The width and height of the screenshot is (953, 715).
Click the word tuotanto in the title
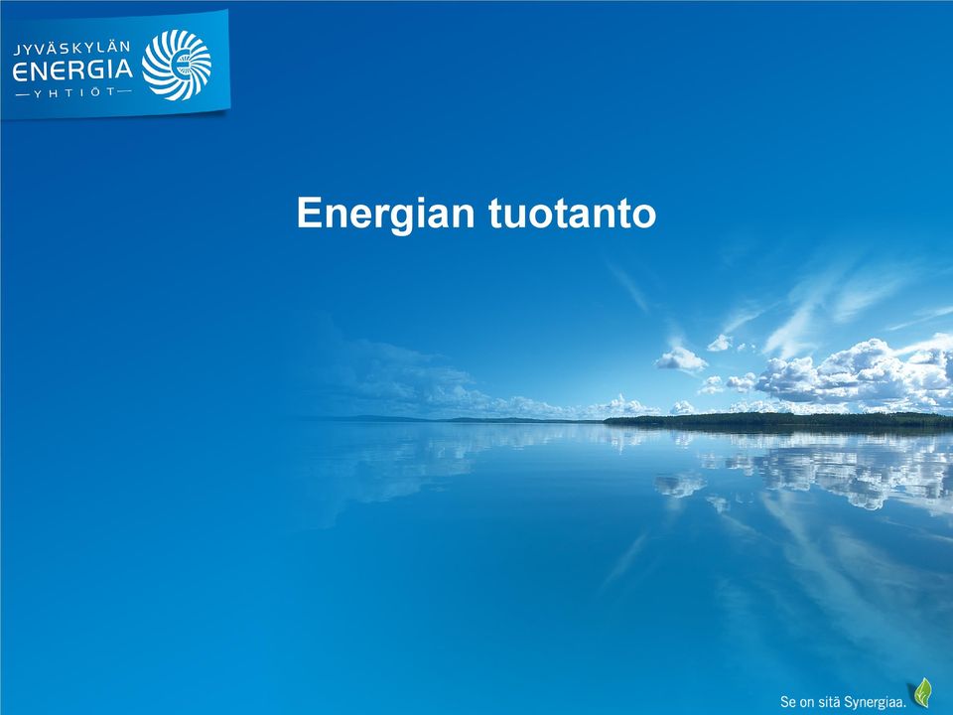(x=573, y=214)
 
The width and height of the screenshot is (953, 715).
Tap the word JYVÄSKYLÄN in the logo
(x=71, y=49)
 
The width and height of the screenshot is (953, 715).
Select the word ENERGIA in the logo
(x=72, y=71)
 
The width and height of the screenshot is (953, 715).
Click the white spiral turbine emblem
(x=177, y=65)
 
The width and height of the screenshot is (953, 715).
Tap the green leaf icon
(x=923, y=692)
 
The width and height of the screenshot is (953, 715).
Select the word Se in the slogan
(x=787, y=702)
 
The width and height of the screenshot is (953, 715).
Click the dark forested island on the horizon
(x=778, y=419)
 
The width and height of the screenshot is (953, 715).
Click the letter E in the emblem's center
(x=180, y=65)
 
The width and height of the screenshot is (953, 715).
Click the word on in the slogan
(x=806, y=703)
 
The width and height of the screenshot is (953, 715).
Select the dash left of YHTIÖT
(x=22, y=95)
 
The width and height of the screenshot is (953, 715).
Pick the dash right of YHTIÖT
(x=124, y=91)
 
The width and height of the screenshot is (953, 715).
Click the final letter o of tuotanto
(x=645, y=217)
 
